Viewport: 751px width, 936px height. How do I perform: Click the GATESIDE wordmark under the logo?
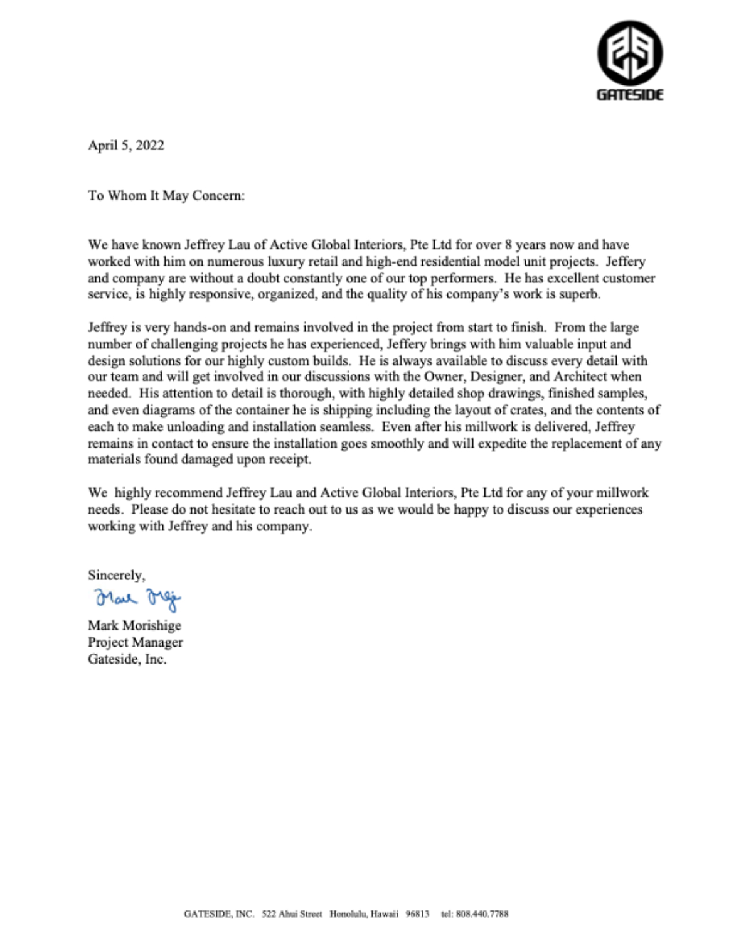[x=629, y=95]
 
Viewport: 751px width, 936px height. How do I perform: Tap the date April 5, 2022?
[x=126, y=145]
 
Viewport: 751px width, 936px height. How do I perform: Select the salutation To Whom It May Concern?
[x=166, y=196]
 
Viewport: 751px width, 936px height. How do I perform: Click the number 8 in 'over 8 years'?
[x=509, y=245]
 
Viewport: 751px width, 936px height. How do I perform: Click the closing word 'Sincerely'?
[x=116, y=575]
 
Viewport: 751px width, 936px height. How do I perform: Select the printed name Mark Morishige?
[x=134, y=626]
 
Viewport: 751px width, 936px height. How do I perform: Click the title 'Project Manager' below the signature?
[x=136, y=642]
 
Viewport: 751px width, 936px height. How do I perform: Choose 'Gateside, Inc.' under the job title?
[x=127, y=659]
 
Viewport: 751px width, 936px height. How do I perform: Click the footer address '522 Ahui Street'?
[x=292, y=914]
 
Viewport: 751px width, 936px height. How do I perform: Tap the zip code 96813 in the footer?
[x=417, y=914]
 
